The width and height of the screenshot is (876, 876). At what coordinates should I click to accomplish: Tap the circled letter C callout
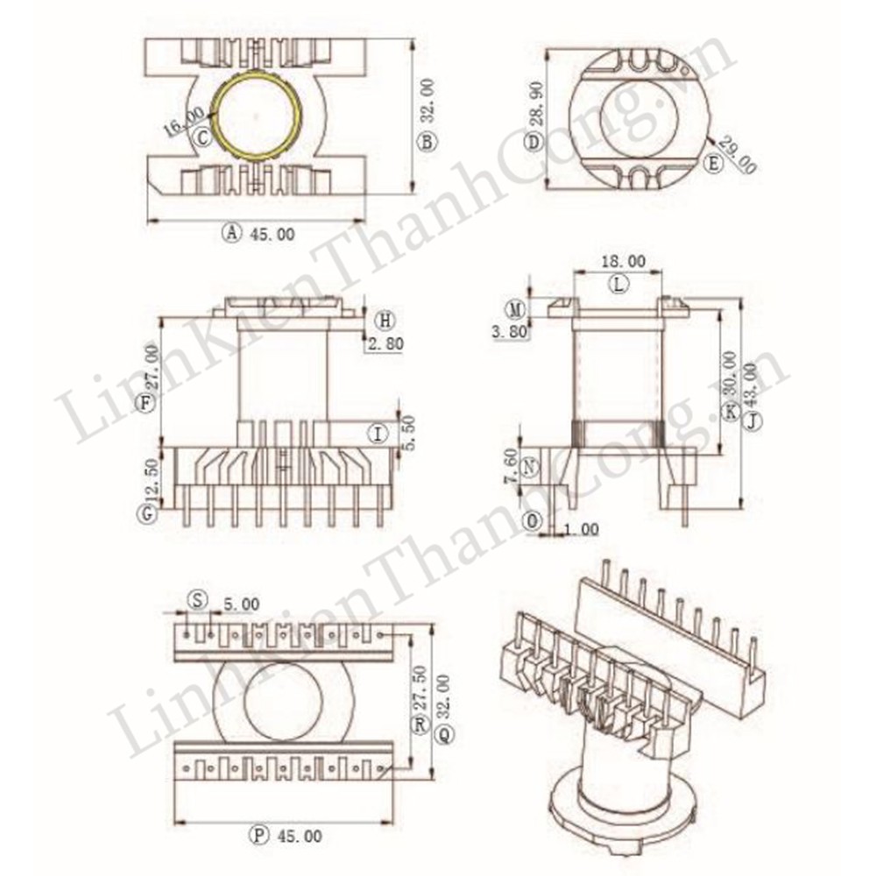tap(202, 137)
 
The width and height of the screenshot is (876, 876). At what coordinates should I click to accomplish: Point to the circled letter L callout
tap(619, 283)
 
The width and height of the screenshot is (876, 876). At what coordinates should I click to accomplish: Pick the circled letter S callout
tap(199, 600)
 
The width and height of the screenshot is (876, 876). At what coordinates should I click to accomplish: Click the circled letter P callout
tap(258, 835)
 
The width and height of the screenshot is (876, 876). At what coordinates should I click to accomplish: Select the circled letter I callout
tap(378, 433)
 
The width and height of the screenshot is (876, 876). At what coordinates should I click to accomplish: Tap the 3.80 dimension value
tap(513, 333)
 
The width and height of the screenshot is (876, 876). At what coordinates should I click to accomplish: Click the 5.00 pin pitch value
tap(241, 604)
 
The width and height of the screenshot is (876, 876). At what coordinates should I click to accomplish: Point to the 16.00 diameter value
tap(183, 121)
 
